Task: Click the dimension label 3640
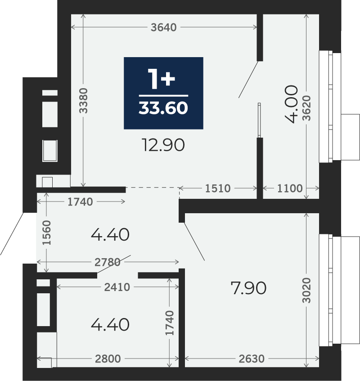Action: tap(164, 27)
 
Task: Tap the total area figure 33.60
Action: tap(163, 108)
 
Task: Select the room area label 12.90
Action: tap(163, 145)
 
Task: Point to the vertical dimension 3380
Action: tap(83, 101)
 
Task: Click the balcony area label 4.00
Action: tap(291, 104)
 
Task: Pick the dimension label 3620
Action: tap(306, 108)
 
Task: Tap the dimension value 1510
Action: tap(218, 188)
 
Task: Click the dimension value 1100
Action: tap(290, 188)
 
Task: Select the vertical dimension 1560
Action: tap(47, 233)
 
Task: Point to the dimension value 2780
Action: tap(108, 262)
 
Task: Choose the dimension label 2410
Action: tap(117, 287)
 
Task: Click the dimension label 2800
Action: tap(108, 359)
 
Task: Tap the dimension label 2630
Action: tap(252, 359)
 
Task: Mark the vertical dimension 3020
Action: tap(306, 291)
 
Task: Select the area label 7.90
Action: tap(248, 288)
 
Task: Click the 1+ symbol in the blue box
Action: tap(162, 79)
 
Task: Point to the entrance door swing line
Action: tap(12, 234)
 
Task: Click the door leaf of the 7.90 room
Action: tap(194, 241)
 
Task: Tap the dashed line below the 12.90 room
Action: tap(153, 187)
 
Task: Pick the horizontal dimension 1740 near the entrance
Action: tap(80, 202)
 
